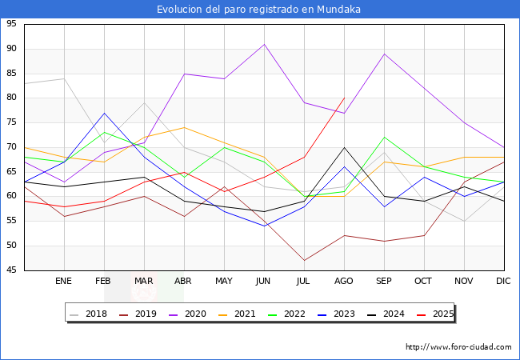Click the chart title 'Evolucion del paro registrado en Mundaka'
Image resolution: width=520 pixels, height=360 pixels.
pyautogui.click(x=259, y=10)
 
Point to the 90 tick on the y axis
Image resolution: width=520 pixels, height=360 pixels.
pyautogui.click(x=12, y=49)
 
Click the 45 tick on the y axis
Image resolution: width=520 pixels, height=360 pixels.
pyautogui.click(x=12, y=270)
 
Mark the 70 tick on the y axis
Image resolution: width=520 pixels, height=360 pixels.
pyautogui.click(x=12, y=147)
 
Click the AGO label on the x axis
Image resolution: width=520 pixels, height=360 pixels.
pyautogui.click(x=344, y=282)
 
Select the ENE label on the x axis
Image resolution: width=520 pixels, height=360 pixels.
pyautogui.click(x=64, y=282)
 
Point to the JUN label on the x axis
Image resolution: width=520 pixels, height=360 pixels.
pyautogui.click(x=264, y=282)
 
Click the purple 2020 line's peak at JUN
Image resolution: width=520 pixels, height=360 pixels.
pyautogui.click(x=264, y=44)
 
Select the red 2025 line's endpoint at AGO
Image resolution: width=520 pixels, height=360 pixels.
pyautogui.click(x=344, y=98)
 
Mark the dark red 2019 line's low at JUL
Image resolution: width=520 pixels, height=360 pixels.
pyautogui.click(x=304, y=260)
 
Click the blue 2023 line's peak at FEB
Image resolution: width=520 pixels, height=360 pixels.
pyautogui.click(x=104, y=113)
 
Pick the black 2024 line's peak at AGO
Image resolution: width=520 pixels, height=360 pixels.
pyautogui.click(x=344, y=147)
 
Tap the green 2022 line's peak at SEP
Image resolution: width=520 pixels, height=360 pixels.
pyautogui.click(x=384, y=138)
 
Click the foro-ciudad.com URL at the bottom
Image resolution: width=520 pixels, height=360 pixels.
pyautogui.click(x=458, y=347)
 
